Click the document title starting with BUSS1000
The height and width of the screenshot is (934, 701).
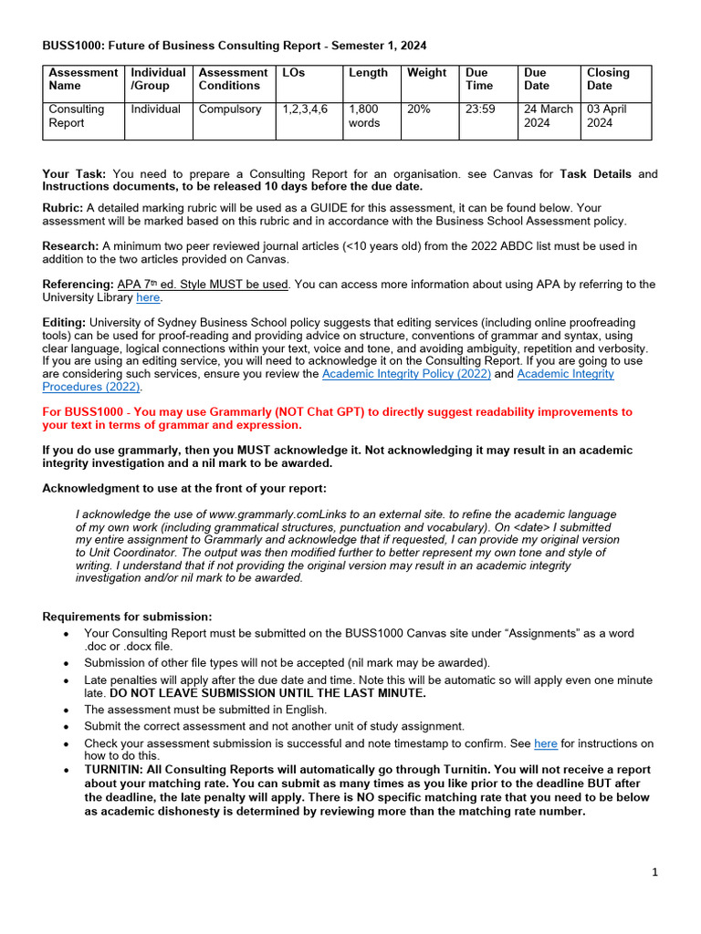click(x=235, y=45)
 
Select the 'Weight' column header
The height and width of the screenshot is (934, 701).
click(x=426, y=73)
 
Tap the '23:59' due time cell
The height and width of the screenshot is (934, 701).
click(x=480, y=109)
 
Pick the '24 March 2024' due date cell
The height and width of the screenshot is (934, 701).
click(x=548, y=116)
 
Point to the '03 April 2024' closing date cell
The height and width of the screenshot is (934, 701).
click(x=608, y=116)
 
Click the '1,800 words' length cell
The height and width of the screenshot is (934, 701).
click(x=364, y=116)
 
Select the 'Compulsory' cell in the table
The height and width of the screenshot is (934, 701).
click(x=230, y=109)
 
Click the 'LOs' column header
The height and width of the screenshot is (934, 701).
click(x=294, y=73)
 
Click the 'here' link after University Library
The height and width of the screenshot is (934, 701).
click(x=148, y=297)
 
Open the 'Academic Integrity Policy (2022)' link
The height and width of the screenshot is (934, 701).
click(x=406, y=374)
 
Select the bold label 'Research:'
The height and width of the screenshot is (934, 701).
click(x=70, y=245)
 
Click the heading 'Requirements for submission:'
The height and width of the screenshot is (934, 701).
click(x=127, y=617)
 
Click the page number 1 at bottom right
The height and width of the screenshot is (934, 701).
click(x=654, y=873)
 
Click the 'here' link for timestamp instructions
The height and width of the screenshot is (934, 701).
click(x=545, y=743)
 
